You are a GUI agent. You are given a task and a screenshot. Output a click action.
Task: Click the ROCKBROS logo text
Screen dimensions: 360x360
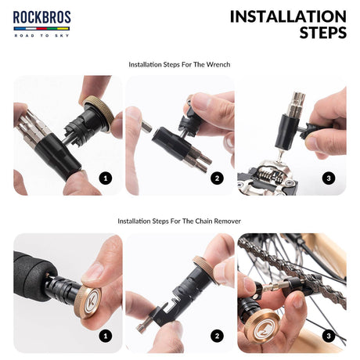[41, 17]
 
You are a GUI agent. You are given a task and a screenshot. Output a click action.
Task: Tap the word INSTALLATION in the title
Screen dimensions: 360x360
[288, 16]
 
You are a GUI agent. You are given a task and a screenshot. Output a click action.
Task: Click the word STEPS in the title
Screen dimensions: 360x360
[323, 33]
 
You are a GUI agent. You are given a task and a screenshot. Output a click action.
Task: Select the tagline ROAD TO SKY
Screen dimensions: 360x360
[41, 35]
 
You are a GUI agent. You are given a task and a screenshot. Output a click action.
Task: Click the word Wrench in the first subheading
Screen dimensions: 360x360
[218, 64]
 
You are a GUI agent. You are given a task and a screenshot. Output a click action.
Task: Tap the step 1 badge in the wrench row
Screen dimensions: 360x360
[106, 178]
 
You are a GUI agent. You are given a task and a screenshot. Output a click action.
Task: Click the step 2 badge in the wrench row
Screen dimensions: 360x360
[217, 178]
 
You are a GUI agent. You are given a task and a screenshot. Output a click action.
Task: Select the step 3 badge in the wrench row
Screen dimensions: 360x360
[329, 178]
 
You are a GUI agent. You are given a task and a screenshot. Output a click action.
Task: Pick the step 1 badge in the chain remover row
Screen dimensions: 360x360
[106, 336]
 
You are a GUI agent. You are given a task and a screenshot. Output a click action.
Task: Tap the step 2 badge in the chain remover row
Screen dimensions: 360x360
[217, 336]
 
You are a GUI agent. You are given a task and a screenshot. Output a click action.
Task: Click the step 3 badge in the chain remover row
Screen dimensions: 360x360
[329, 336]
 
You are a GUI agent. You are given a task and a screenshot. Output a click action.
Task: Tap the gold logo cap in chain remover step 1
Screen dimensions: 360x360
[88, 301]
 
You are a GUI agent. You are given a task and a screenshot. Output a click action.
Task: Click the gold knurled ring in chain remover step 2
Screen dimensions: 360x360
[206, 270]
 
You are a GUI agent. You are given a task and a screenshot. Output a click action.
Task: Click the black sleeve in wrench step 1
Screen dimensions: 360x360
[58, 156]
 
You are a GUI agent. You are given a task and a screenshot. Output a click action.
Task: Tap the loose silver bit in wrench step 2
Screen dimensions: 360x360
[146, 127]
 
